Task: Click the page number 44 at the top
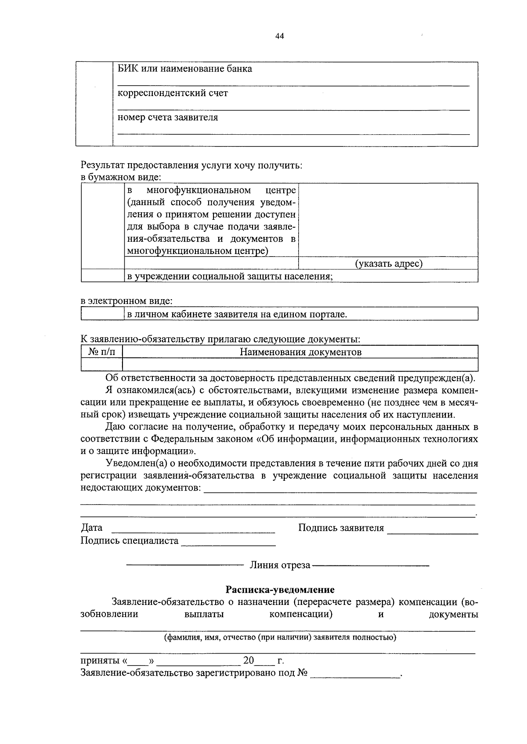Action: (280, 36)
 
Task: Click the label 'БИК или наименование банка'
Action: (185, 69)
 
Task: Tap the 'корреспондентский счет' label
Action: (173, 93)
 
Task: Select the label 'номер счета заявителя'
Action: (168, 118)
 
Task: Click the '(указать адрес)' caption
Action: (388, 263)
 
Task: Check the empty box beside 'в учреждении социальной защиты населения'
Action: (103, 276)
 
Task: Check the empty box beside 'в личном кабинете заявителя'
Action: (103, 314)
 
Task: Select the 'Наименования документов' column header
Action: (300, 352)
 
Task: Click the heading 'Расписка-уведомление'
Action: (280, 590)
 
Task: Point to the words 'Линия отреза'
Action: (280, 565)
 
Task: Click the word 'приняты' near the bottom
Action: (99, 661)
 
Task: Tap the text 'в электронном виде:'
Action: (126, 301)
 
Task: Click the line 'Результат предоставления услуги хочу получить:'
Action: (191, 165)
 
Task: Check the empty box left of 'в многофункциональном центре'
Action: (103, 226)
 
